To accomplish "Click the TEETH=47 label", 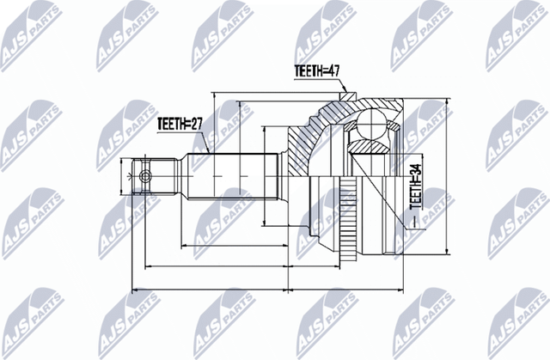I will [314, 75].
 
